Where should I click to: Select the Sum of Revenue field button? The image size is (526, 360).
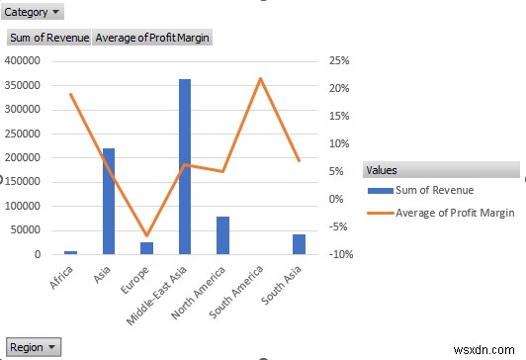click(x=48, y=38)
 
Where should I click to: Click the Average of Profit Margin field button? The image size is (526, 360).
click(x=152, y=38)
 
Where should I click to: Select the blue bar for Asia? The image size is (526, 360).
click(x=109, y=202)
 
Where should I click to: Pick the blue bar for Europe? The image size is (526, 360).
click(x=146, y=248)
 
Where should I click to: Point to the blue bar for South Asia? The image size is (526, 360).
click(x=299, y=244)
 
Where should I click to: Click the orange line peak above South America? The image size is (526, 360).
click(x=260, y=78)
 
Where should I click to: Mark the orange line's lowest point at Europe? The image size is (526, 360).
click(x=146, y=235)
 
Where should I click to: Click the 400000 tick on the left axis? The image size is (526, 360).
click(x=23, y=60)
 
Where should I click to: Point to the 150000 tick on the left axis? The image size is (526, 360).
click(x=23, y=182)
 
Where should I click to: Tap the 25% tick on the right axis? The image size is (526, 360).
click(x=340, y=60)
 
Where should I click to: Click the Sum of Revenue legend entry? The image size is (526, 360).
click(x=432, y=190)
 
